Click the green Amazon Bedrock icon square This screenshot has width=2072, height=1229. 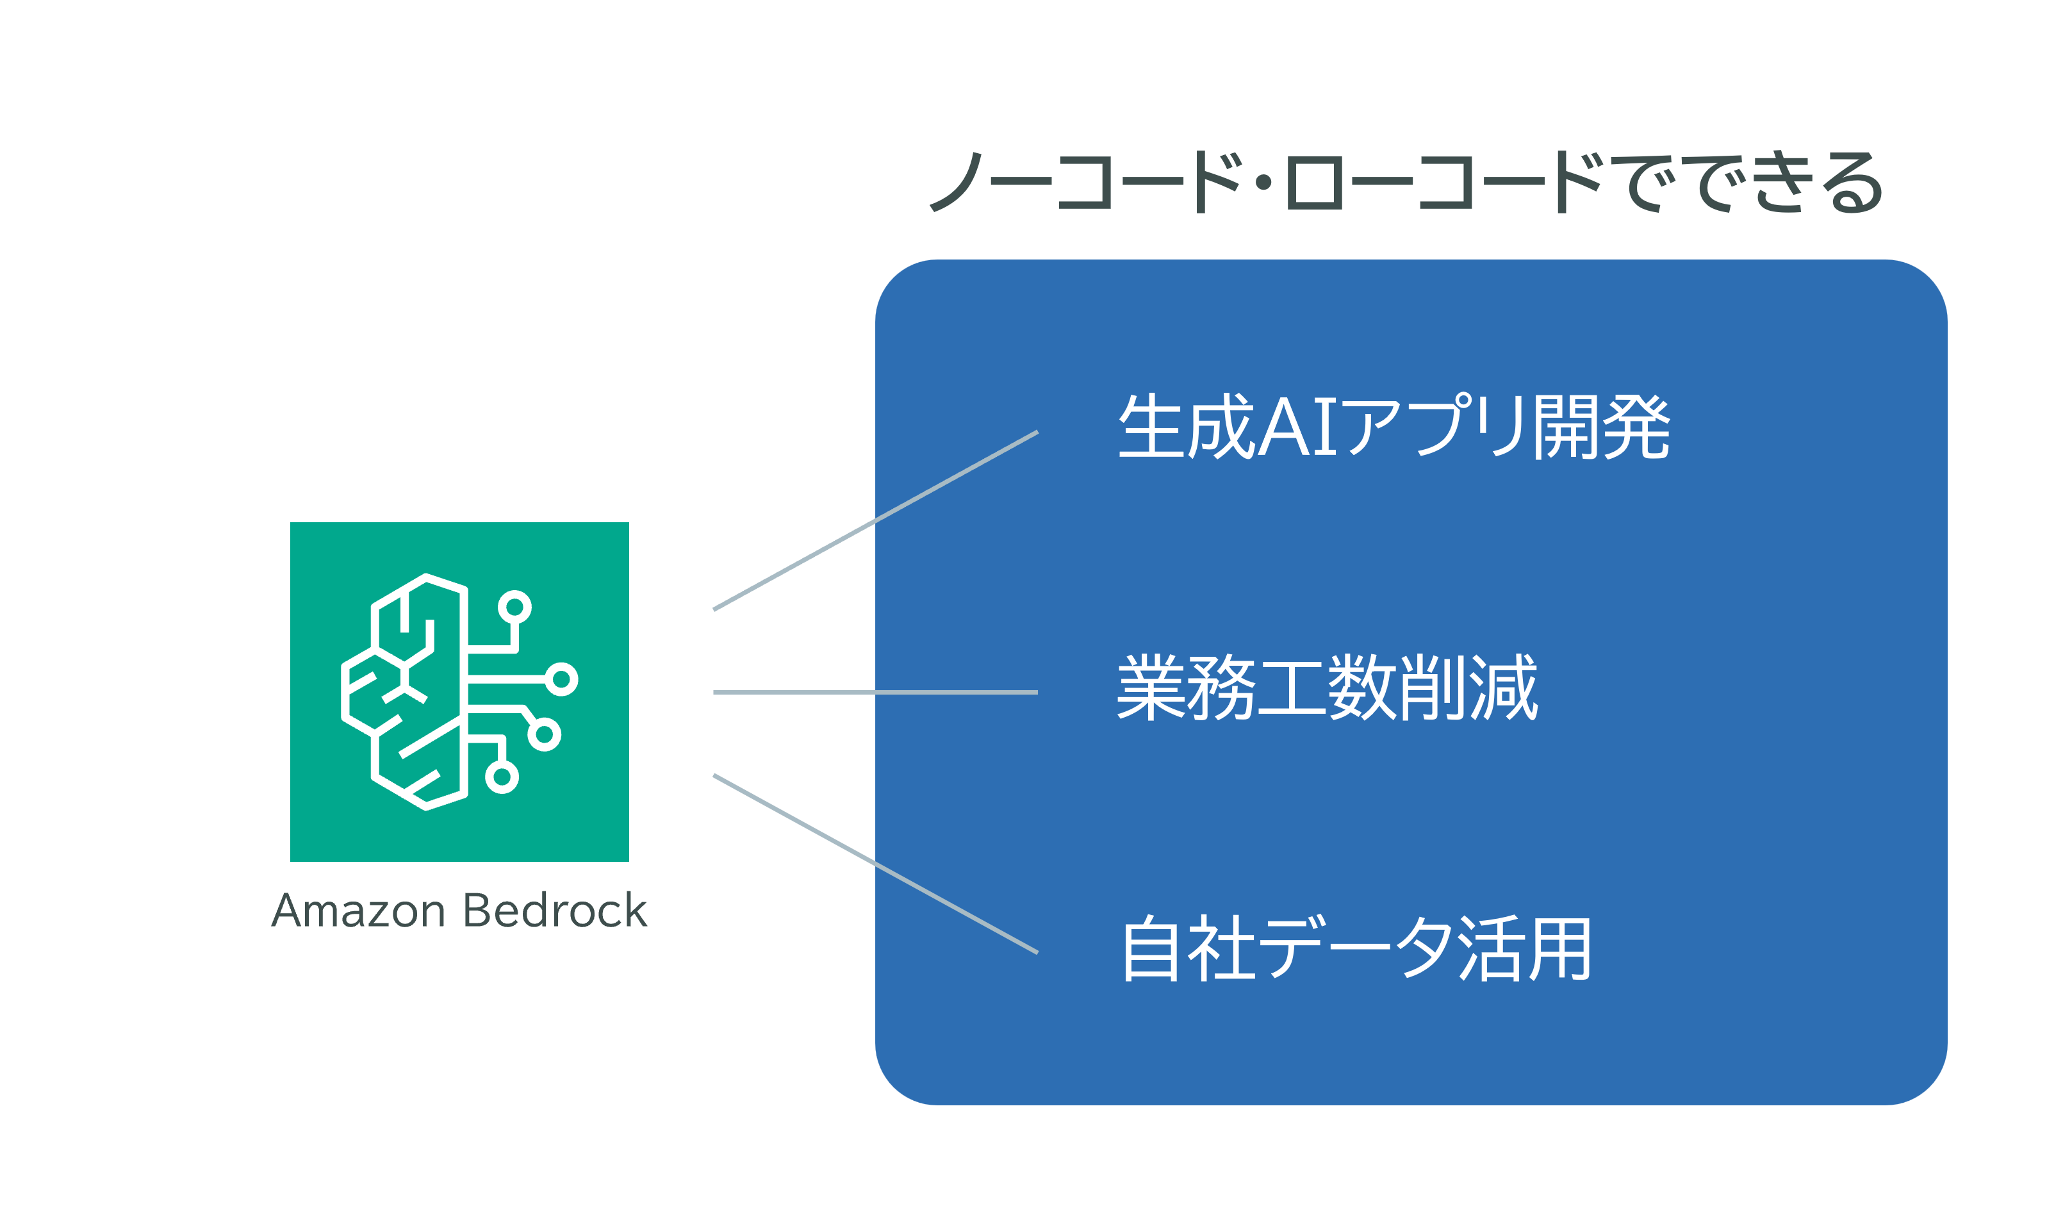[459, 691]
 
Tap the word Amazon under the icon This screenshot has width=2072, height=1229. [358, 911]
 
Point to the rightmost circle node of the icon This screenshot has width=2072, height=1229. [561, 679]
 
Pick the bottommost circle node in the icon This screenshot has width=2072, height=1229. [502, 777]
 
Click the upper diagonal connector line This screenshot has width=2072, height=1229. [875, 521]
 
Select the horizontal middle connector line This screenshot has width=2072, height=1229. [875, 692]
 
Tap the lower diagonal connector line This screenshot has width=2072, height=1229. [875, 864]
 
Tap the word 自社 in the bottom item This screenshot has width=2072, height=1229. [1190, 948]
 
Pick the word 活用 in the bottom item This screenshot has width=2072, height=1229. [1525, 948]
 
